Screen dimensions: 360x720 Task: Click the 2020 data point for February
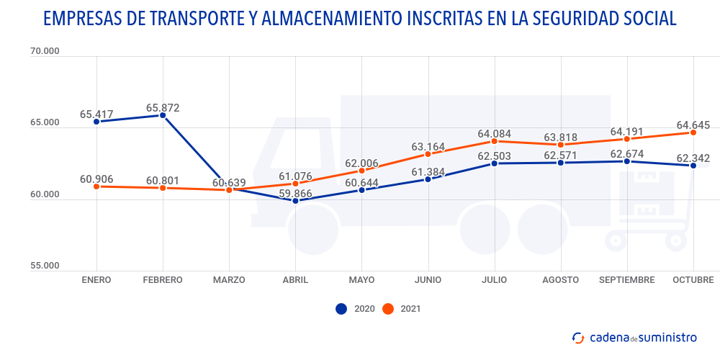[163, 115]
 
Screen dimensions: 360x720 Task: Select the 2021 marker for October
[693, 132]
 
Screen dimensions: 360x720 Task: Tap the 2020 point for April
[295, 201]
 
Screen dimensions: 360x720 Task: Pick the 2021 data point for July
[495, 141]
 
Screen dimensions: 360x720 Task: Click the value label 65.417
[96, 114]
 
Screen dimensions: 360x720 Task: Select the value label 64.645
[693, 125]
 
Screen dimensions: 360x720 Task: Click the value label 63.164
[428, 147]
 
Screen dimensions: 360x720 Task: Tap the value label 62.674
[627, 153]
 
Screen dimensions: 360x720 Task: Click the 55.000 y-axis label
[45, 266]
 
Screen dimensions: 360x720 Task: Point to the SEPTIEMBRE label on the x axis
[627, 280]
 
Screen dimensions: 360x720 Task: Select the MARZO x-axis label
[229, 280]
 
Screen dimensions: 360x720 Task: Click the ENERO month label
[96, 280]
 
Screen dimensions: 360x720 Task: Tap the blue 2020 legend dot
[341, 309]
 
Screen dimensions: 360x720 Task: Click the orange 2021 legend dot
[388, 309]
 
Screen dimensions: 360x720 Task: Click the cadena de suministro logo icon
[577, 337]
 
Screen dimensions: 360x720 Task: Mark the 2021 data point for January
[96, 186]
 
